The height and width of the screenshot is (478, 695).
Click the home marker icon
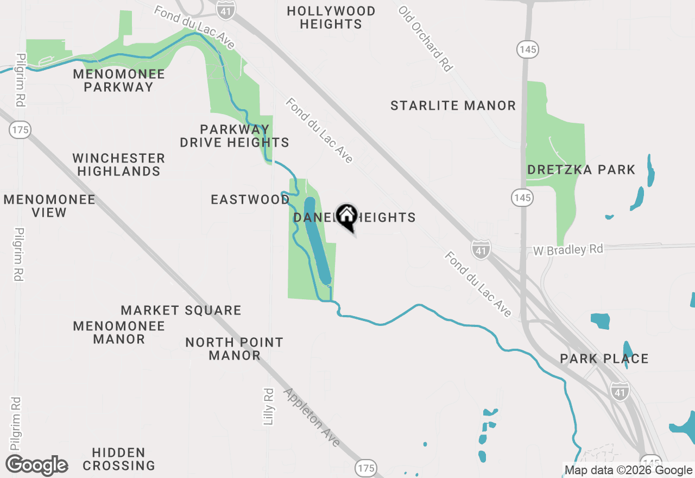coord(346,216)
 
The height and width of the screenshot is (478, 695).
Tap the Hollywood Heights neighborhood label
coord(331,18)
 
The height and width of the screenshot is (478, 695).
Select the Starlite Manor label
coord(453,105)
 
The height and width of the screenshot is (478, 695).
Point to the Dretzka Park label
coord(581,170)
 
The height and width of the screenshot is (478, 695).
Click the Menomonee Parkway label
coord(119,80)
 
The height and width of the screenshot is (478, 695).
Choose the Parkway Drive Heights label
coord(235,136)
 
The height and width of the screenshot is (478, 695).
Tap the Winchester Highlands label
coord(119,165)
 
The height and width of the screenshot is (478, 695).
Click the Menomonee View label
coord(49,206)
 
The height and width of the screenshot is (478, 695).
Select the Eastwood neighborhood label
coord(250,199)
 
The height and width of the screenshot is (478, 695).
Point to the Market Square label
coord(181,311)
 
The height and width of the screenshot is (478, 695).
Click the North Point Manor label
coord(235,349)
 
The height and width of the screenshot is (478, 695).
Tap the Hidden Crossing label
coord(119,459)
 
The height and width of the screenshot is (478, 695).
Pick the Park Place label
coord(604,359)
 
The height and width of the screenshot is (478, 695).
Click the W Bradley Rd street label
coord(568,250)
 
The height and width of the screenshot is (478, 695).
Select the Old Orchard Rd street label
coord(425,39)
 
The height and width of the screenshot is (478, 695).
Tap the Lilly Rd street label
coord(269,406)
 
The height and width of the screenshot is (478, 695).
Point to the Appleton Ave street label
coord(312,417)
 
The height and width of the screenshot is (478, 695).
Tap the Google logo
coord(36,466)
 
